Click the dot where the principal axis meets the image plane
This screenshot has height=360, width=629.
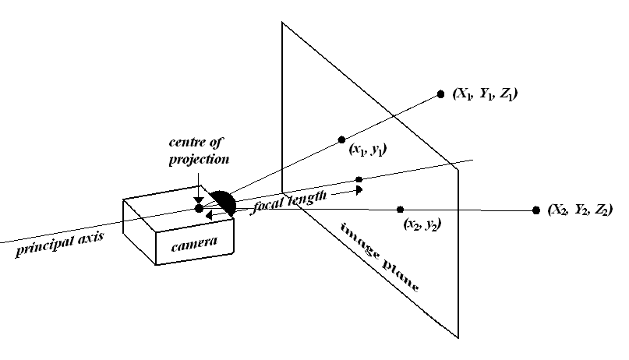tap(359, 179)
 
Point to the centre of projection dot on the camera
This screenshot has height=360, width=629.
tap(200, 208)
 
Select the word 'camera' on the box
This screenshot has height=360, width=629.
tap(194, 245)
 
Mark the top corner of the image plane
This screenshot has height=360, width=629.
tap(282, 22)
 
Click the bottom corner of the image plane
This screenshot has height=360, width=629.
tap(458, 338)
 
